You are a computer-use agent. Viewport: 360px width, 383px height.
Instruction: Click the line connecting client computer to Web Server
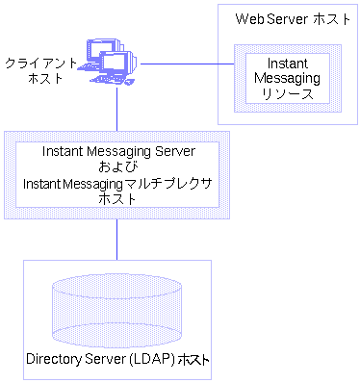(x=183, y=64)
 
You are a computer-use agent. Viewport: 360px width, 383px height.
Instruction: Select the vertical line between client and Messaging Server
(x=117, y=109)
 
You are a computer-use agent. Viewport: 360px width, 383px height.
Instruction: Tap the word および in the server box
(x=117, y=167)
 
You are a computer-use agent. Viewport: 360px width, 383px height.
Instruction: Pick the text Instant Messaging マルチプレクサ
(x=117, y=183)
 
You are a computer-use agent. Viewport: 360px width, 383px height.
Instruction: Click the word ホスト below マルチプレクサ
(x=117, y=198)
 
